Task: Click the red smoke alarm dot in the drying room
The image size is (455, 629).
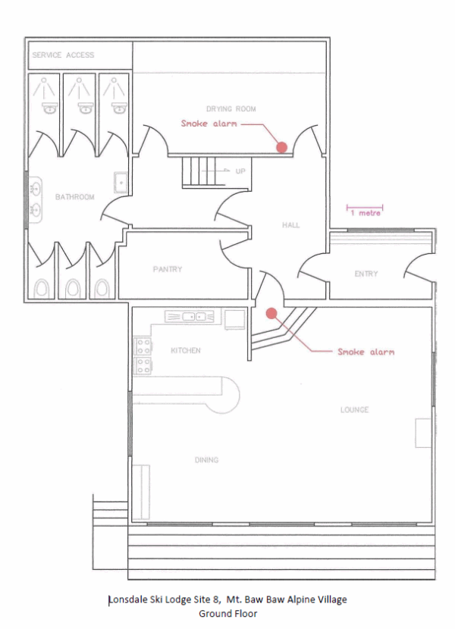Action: [x=282, y=147]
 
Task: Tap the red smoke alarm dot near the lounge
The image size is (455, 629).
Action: [x=272, y=313]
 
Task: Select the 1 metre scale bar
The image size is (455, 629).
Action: [x=365, y=208]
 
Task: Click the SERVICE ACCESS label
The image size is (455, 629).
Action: [x=63, y=55]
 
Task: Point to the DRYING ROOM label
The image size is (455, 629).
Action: [x=231, y=108]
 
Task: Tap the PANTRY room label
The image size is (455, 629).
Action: [x=168, y=269]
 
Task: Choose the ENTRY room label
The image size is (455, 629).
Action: [x=366, y=274]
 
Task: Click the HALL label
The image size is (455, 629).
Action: [x=290, y=225]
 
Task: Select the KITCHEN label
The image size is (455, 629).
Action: [x=186, y=351]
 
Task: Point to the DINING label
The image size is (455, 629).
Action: [x=206, y=460]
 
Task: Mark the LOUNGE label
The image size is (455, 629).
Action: [x=354, y=409]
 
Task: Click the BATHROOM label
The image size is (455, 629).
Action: [x=74, y=197]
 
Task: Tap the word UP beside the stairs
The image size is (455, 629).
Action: [x=240, y=171]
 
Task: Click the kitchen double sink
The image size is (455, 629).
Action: [x=190, y=317]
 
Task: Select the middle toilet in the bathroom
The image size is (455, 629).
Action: [x=73, y=288]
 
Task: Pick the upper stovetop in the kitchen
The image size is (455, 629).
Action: [x=143, y=346]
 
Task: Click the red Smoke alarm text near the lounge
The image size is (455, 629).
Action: [x=366, y=352]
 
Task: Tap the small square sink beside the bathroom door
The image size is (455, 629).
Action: [x=121, y=183]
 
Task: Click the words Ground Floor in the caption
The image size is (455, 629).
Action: [x=227, y=613]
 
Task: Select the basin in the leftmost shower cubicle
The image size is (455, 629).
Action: [x=49, y=108]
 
